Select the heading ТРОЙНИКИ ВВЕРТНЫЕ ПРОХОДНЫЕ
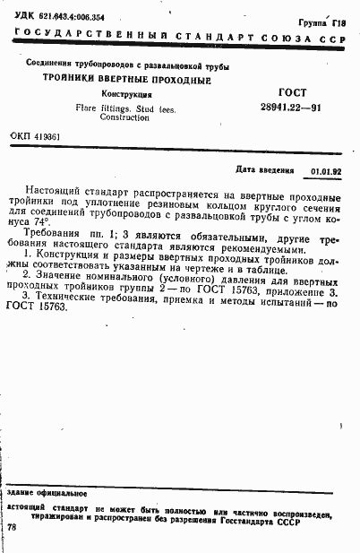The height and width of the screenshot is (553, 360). [128, 80]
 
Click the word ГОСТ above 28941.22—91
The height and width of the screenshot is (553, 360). [293, 92]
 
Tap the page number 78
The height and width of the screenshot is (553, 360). [12, 528]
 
